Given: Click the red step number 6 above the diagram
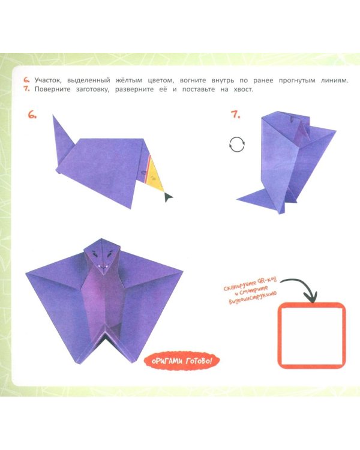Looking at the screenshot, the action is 32,115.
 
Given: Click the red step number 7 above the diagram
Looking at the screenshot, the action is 236,115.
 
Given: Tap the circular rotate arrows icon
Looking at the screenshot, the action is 237,144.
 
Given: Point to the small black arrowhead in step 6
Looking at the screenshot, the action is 168,197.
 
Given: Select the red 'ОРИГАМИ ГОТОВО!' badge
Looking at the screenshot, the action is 182,361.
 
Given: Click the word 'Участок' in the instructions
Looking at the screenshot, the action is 48,80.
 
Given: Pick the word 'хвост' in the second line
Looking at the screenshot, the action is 244,89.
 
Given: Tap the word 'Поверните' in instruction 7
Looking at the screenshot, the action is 53,89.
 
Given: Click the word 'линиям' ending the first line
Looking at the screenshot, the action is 334,80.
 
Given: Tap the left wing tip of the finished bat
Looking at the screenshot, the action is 26,274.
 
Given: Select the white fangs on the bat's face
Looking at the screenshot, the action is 103,266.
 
